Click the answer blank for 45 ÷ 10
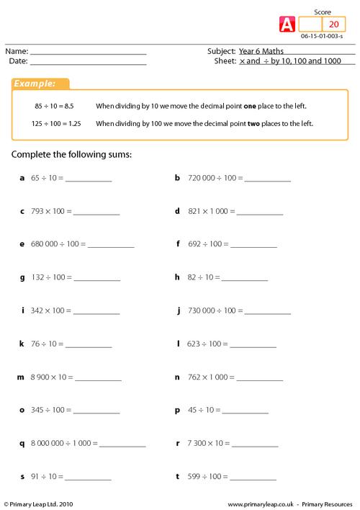click(x=246, y=411)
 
